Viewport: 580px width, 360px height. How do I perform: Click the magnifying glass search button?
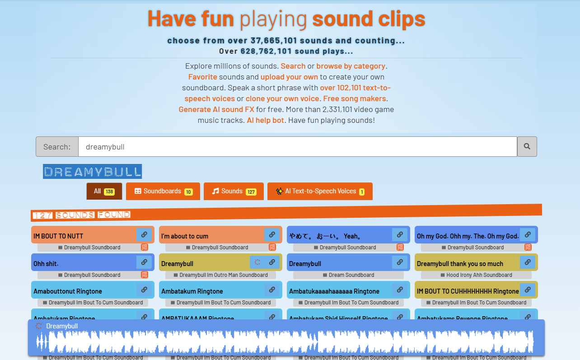pyautogui.click(x=527, y=146)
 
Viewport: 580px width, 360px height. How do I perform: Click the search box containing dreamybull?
pyautogui.click(x=297, y=146)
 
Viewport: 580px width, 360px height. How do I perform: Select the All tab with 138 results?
pyautogui.click(x=104, y=191)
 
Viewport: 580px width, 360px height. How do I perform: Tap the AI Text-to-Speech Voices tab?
pyautogui.click(x=320, y=191)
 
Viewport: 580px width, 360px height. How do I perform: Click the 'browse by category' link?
pyautogui.click(x=351, y=66)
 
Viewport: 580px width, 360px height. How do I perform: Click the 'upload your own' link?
pyautogui.click(x=289, y=77)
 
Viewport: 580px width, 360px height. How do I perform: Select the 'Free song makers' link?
pyautogui.click(x=355, y=98)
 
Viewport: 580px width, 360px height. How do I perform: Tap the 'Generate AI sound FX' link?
pyautogui.click(x=216, y=109)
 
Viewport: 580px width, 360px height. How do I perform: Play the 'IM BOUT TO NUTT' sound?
pyautogui.click(x=81, y=236)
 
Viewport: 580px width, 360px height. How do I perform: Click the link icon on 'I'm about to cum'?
pyautogui.click(x=271, y=235)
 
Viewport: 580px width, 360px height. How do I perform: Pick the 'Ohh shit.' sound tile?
pyautogui.click(x=81, y=263)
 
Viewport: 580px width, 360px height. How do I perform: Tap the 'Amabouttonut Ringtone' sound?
pyautogui.click(x=81, y=291)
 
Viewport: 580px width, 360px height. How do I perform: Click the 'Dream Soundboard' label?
pyautogui.click(x=348, y=275)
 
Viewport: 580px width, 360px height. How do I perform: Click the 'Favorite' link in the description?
pyautogui.click(x=202, y=77)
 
